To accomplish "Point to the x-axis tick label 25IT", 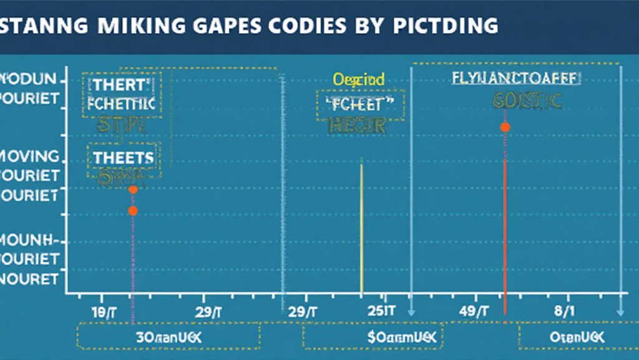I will (x=373, y=311).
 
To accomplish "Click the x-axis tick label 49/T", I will (x=476, y=311).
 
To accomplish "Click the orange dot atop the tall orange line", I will (x=505, y=127).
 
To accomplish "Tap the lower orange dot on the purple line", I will (x=132, y=211).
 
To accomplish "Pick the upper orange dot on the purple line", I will (x=132, y=189).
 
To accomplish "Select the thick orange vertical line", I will (x=505, y=237).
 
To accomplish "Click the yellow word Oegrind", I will (x=359, y=79).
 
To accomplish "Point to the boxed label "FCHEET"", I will (x=360, y=104).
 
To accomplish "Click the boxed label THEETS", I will (x=124, y=157).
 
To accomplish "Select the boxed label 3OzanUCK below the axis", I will (x=169, y=337).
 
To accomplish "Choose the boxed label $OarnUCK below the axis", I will (x=372, y=337).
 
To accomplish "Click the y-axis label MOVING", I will (x=31, y=156).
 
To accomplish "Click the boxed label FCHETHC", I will (x=122, y=104).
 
